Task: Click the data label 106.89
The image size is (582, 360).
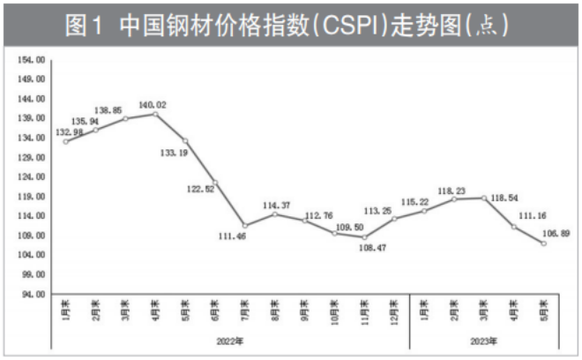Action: pos(556,234)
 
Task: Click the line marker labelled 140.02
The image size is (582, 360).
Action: pos(155,114)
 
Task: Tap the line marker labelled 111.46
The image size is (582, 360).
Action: pos(245,226)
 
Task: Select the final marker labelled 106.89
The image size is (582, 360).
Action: pos(543,244)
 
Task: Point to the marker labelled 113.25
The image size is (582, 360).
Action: pos(395,219)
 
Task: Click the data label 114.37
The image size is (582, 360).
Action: pos(276,206)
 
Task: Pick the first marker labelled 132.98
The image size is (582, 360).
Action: pos(65,142)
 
